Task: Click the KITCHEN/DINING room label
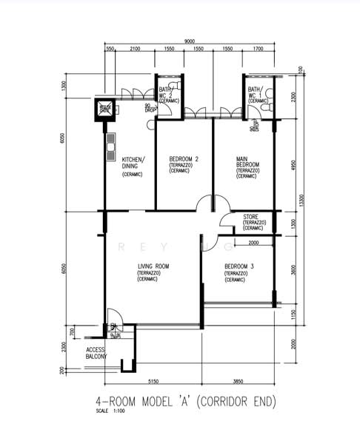pyautogui.click(x=133, y=163)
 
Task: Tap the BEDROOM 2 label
pyautogui.click(x=183, y=159)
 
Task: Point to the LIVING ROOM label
pyautogui.click(x=153, y=266)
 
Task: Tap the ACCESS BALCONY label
pyautogui.click(x=96, y=352)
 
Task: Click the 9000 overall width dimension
pyautogui.click(x=190, y=41)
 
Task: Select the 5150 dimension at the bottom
pyautogui.click(x=153, y=383)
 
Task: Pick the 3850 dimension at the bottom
pyautogui.click(x=239, y=383)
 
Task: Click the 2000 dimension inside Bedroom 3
pyautogui.click(x=253, y=243)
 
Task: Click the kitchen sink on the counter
pyautogui.click(x=111, y=141)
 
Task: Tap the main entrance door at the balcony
pyautogui.click(x=110, y=318)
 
